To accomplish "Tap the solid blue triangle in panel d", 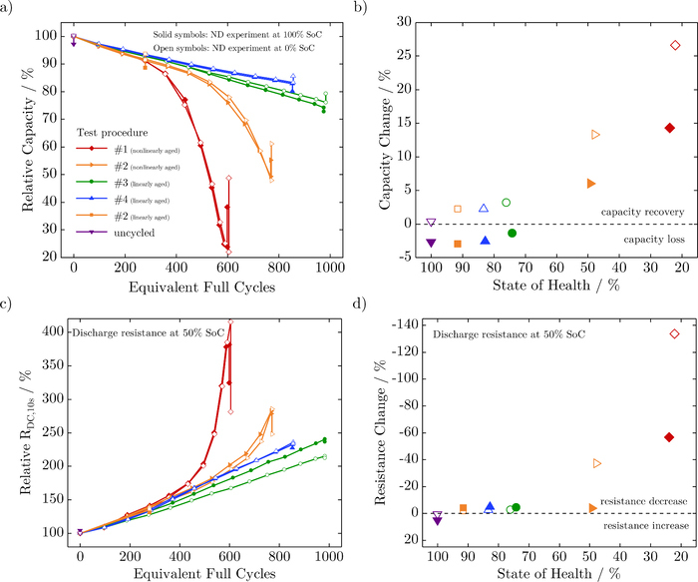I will pyautogui.click(x=490, y=507).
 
